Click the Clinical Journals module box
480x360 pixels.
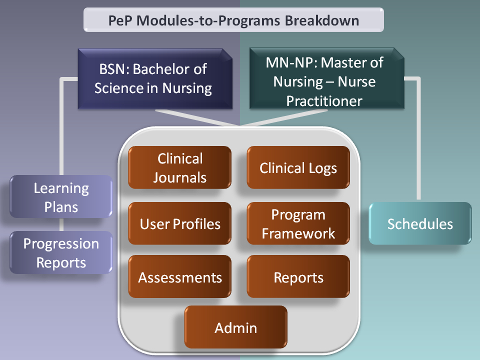tap(179, 167)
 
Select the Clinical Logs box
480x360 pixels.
tap(298, 167)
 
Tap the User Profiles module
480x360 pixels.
tap(179, 223)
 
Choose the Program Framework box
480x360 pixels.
tap(298, 223)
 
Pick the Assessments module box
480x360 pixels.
tap(179, 277)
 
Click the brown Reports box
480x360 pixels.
tap(298, 277)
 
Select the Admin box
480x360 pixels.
tap(235, 327)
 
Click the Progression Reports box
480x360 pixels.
tap(61, 252)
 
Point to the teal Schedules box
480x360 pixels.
tap(420, 223)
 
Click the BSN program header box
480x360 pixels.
tap(153, 78)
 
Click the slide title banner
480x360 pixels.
tap(233, 20)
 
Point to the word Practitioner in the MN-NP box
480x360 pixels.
tap(324, 100)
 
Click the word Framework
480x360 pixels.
tap(298, 233)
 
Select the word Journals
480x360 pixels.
tap(179, 177)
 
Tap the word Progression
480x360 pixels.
tap(61, 243)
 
